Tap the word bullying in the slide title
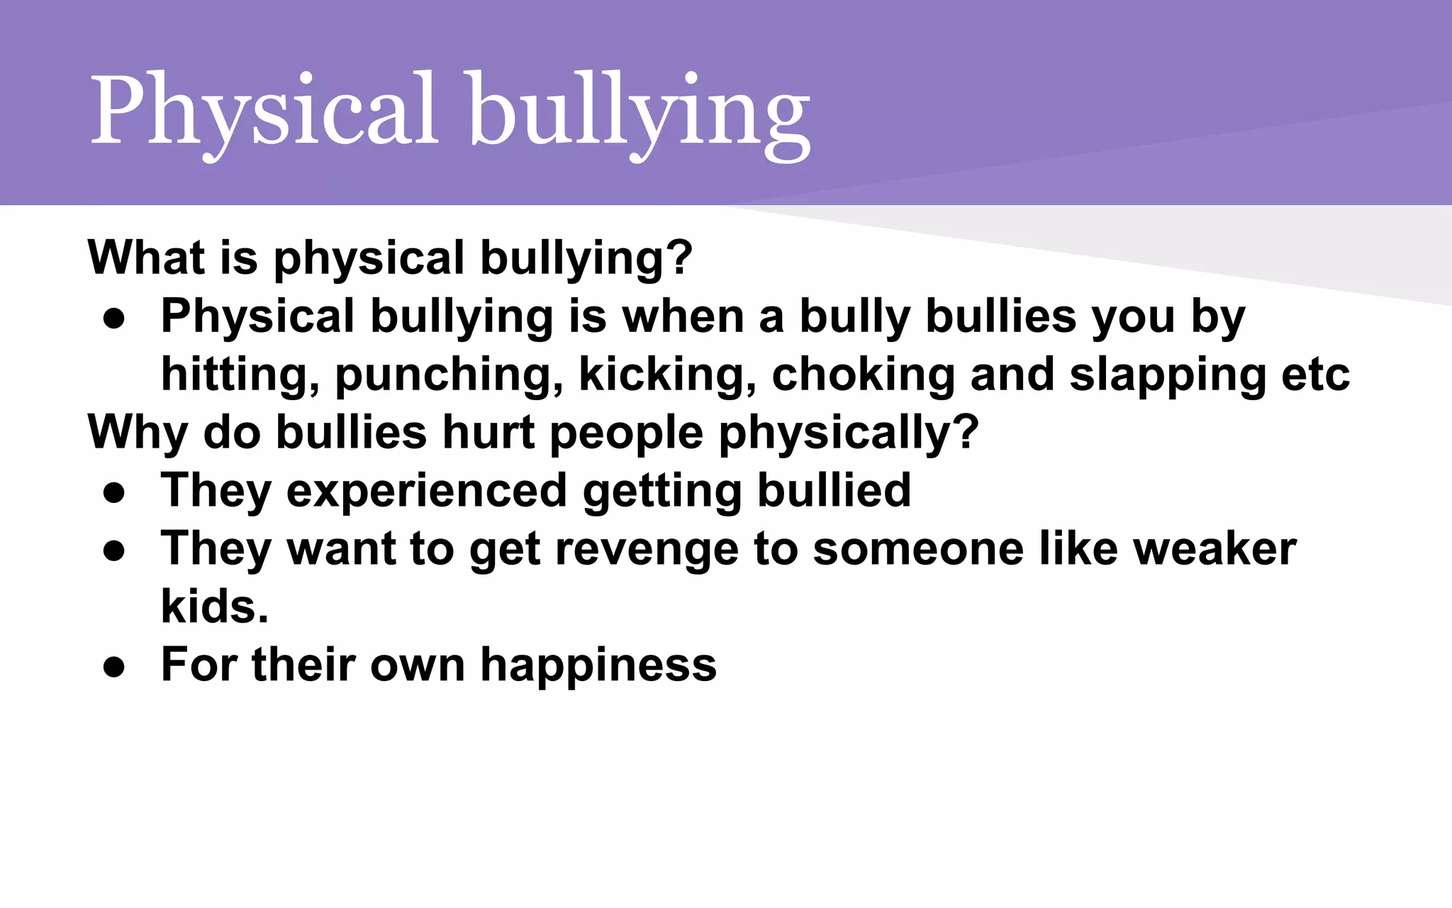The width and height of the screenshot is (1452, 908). pos(639,113)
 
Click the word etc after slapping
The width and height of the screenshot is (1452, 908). pos(1316,376)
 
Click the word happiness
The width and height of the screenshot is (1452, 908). pos(598,665)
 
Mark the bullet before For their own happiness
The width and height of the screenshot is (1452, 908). pos(114,667)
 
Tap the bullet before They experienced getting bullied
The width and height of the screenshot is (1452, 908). pos(114,492)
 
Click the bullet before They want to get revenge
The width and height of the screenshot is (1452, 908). pos(114,550)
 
